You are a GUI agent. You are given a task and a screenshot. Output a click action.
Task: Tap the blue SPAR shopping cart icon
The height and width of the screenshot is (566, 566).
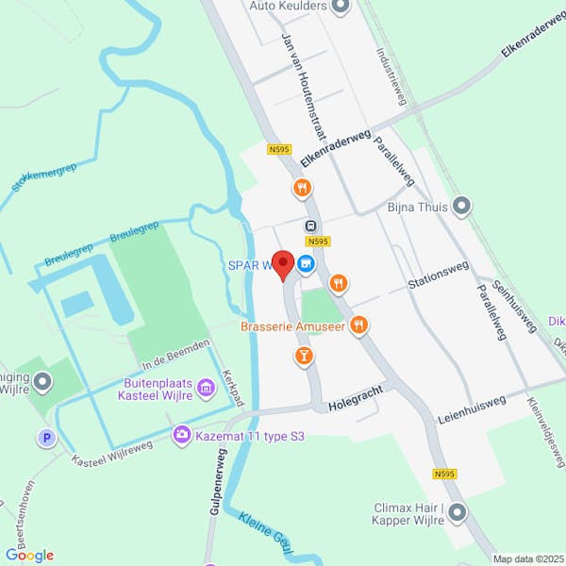pos(306,265)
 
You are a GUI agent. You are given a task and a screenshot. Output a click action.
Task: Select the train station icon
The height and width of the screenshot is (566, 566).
pos(309,226)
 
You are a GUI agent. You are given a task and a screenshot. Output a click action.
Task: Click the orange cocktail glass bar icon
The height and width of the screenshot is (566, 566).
pos(304,355)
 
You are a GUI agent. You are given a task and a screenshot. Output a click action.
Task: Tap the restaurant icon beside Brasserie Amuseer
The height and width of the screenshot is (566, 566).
pos(358,325)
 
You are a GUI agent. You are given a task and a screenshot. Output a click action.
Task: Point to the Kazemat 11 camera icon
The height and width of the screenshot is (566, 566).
pos(180,434)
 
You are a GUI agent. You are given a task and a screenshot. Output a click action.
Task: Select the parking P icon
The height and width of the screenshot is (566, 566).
pos(45,438)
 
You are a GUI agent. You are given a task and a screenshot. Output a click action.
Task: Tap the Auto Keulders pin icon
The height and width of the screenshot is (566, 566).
pos(341,7)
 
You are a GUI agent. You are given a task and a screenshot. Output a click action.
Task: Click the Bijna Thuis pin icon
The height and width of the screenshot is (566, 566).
pos(461,206)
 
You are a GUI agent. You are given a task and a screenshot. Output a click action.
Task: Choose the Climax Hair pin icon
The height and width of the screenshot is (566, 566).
pos(458,513)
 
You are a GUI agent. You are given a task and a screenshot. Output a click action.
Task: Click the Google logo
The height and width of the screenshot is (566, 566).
pos(29,556)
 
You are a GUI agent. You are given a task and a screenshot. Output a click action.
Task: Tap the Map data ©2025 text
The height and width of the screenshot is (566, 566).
pos(525,558)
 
